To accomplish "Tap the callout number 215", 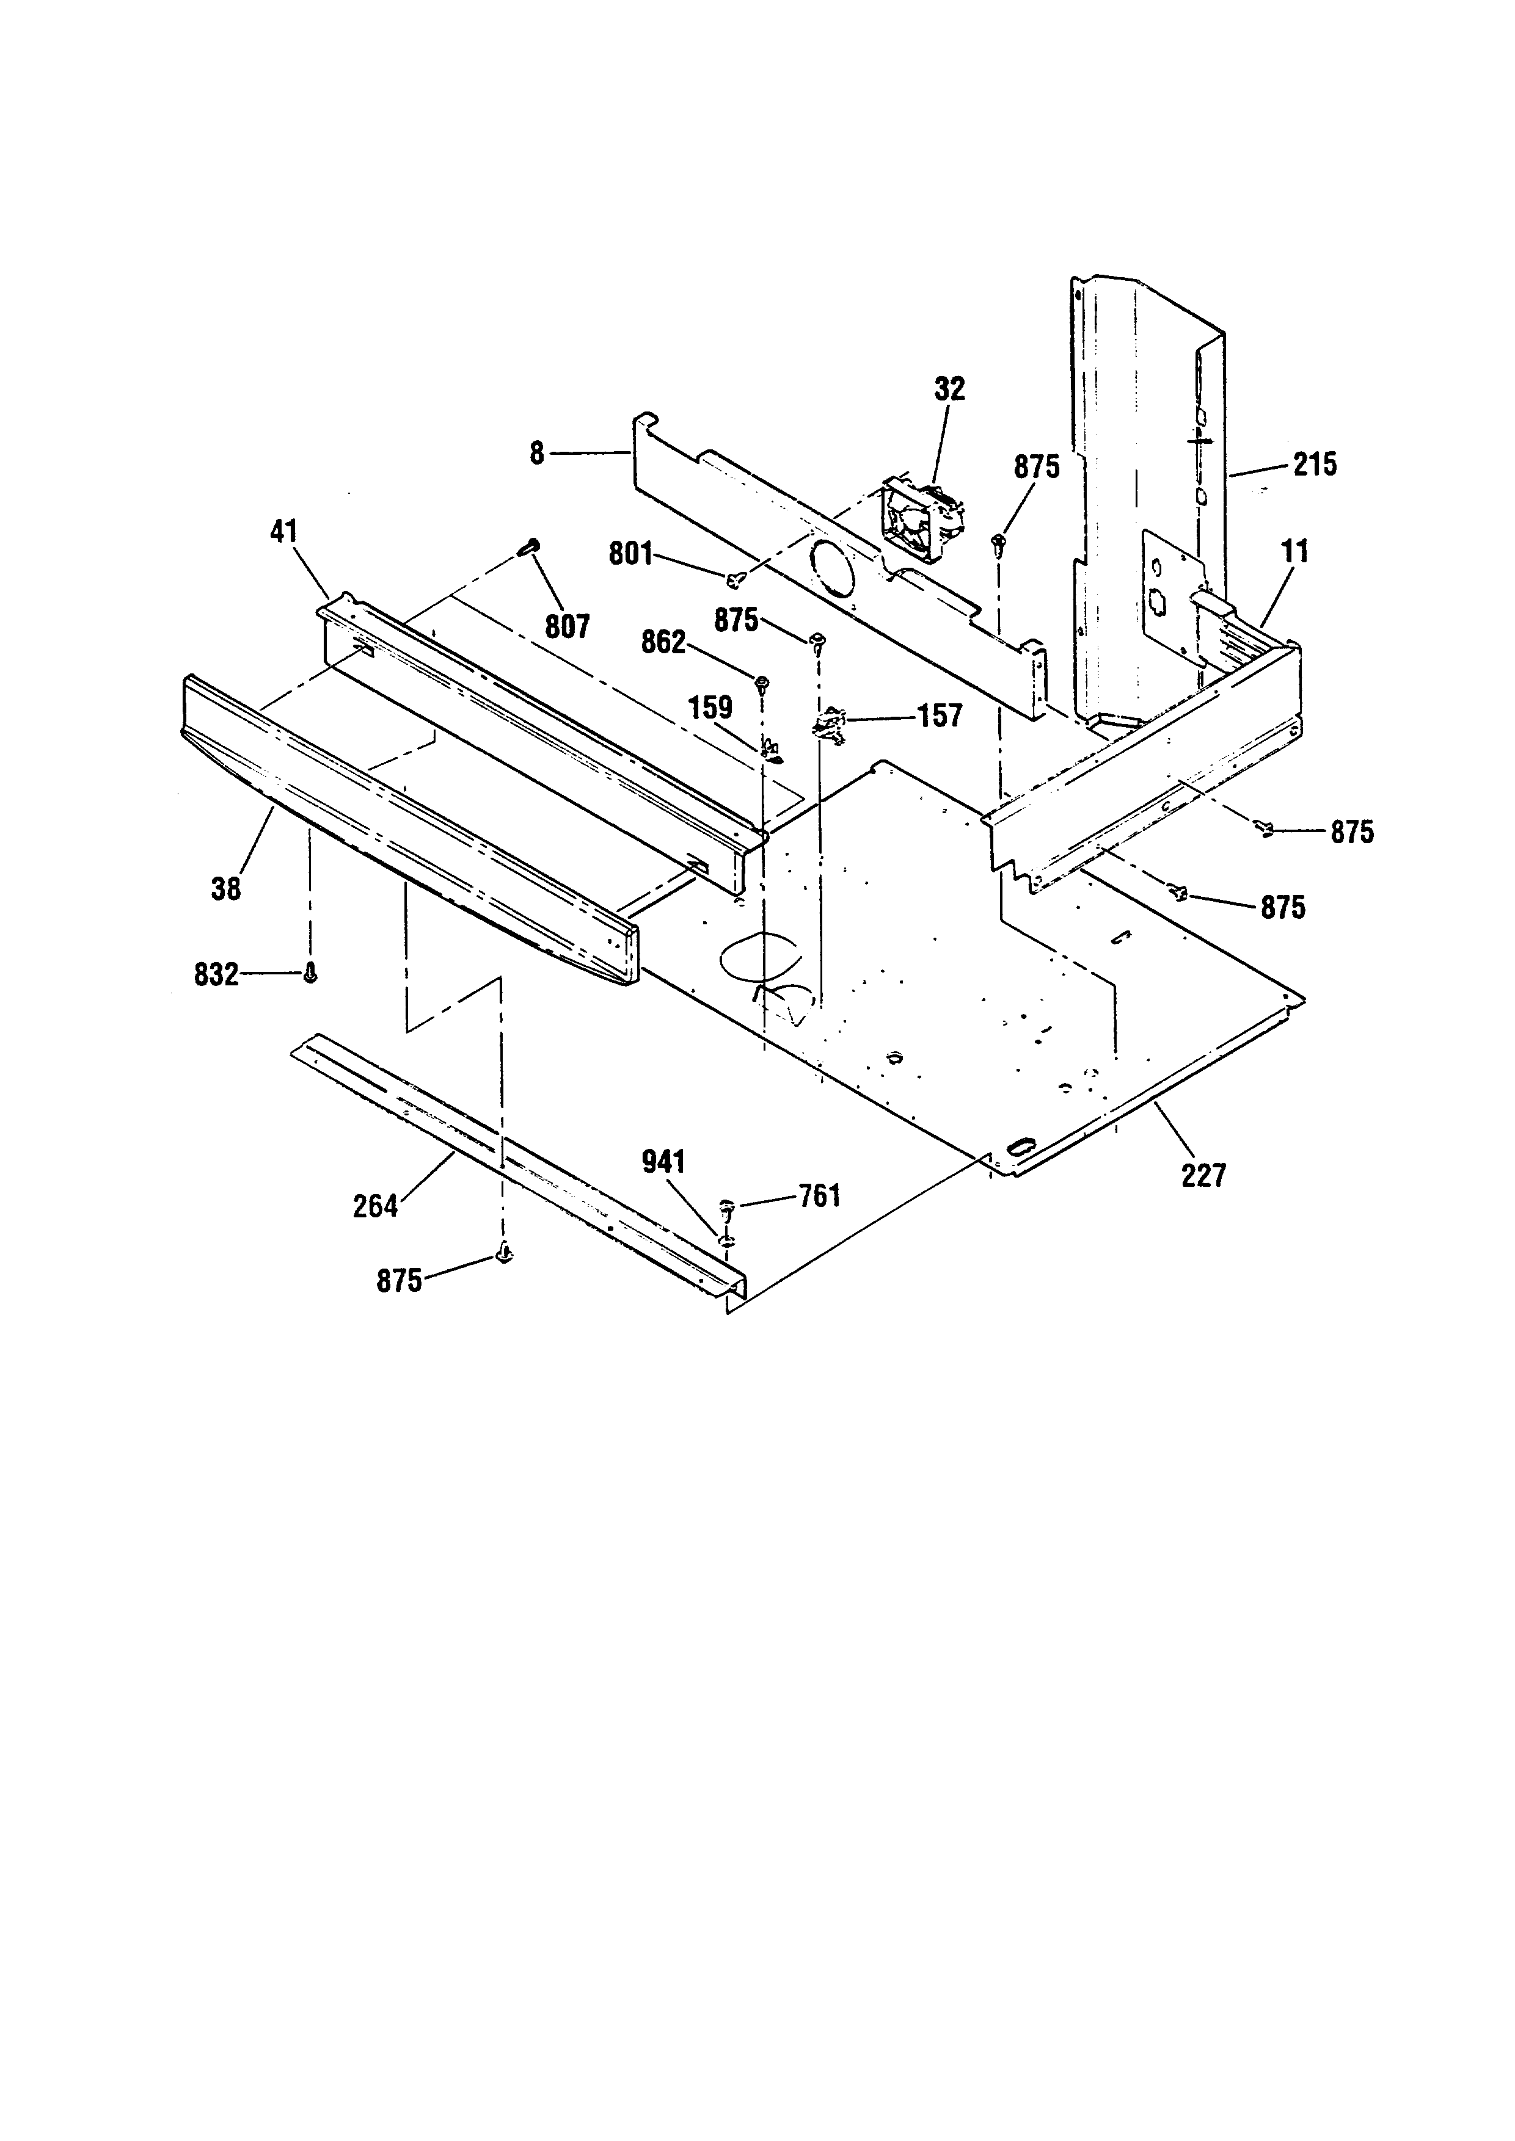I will click(x=1315, y=465).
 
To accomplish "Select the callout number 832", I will click(x=216, y=976).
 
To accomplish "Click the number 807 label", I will click(x=567, y=626).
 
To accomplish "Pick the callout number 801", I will click(x=630, y=554).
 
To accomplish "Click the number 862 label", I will click(x=663, y=642).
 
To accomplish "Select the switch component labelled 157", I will click(x=830, y=725).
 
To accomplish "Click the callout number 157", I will click(x=940, y=716).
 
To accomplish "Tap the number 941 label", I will click(x=663, y=1162).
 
